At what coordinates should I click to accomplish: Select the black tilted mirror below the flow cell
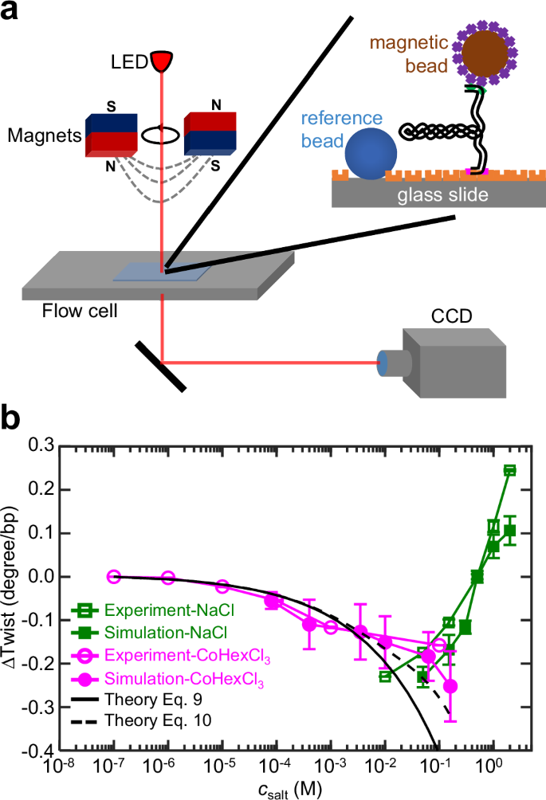tap(161, 366)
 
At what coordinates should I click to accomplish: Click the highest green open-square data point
tap(509, 470)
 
